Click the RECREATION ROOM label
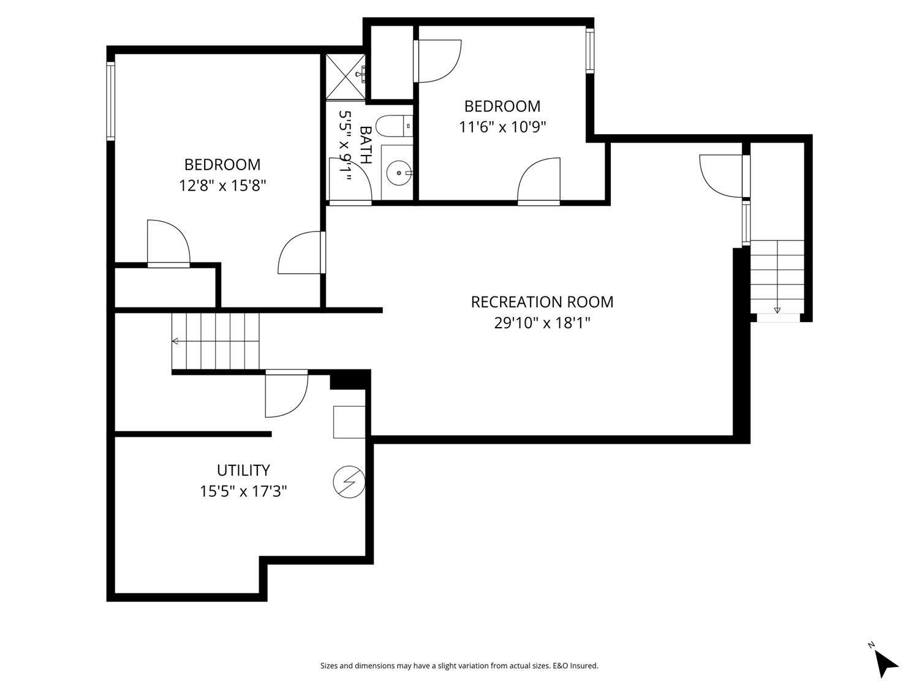542,302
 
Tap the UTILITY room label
243,470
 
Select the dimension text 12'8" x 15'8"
222,186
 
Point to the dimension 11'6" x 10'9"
502,127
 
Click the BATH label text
366,145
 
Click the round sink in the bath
399,173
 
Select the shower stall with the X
346,77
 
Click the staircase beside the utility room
216,341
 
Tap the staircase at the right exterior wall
777,276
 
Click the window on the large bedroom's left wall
111,102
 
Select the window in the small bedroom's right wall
589,51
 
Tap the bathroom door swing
351,179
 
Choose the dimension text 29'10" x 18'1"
542,323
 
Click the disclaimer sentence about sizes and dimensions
459,666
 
